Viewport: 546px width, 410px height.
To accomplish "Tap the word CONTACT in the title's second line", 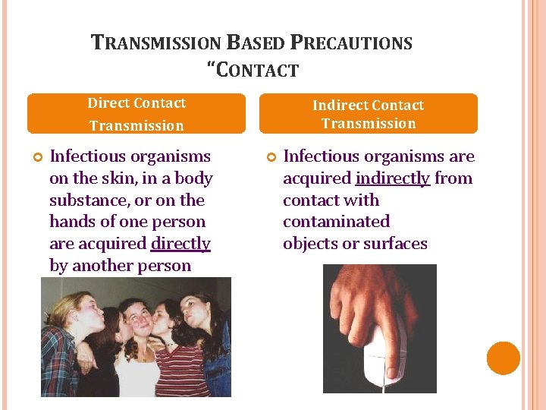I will [257, 71].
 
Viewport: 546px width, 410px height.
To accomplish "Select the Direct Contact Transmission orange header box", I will [136, 114].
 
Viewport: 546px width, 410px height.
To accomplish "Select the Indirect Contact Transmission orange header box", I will [368, 114].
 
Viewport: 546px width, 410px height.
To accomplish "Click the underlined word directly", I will [180, 244].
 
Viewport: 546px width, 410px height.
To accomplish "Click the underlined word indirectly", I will [392, 178].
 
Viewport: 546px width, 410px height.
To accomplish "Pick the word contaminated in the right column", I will [336, 222].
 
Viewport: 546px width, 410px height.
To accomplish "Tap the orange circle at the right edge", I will [503, 358].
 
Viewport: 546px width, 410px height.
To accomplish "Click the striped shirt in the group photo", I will [180, 372].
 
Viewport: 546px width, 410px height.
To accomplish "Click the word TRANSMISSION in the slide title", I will [155, 43].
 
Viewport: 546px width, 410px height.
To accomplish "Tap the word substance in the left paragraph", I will [83, 200].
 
